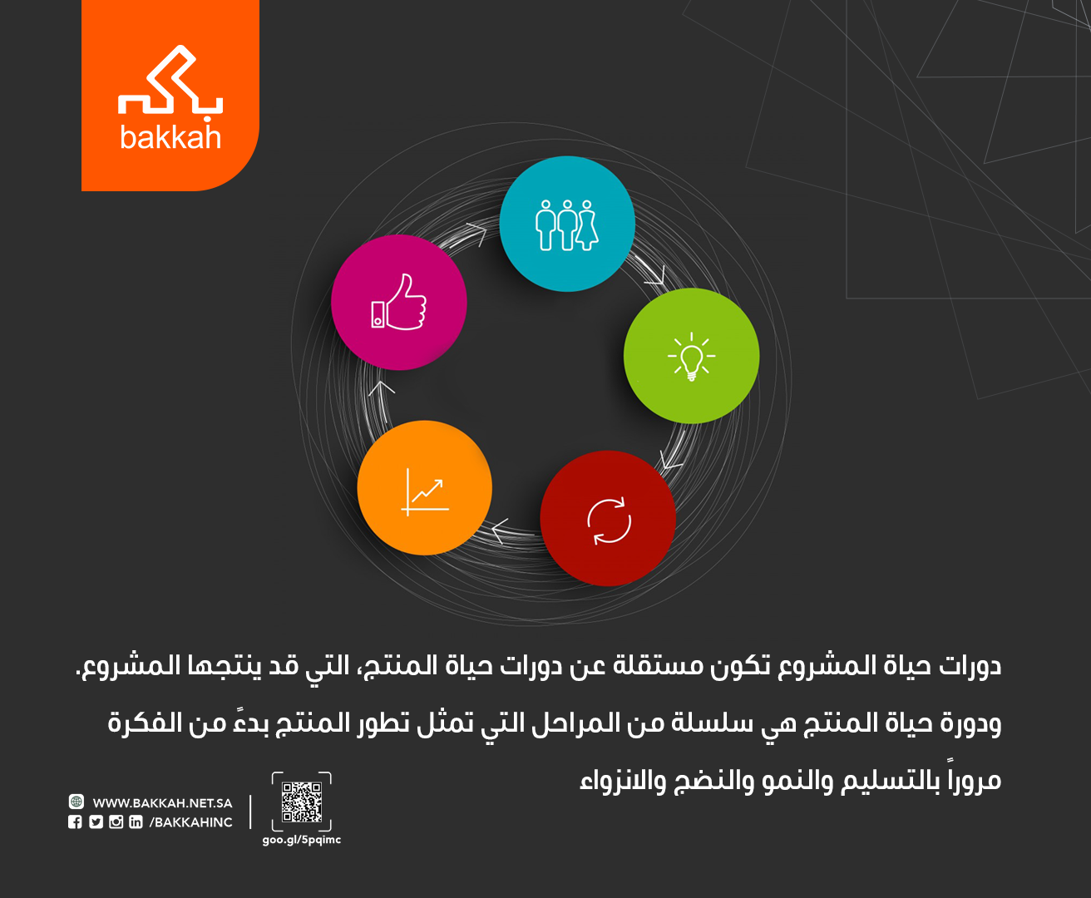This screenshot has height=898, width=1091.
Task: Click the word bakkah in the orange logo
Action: [x=170, y=137]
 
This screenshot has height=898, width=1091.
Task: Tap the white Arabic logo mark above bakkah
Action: [x=170, y=79]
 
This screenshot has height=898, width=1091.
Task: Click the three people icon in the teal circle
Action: [x=566, y=225]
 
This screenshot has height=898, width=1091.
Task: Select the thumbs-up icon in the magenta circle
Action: [x=399, y=302]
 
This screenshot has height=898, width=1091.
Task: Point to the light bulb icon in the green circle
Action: [x=691, y=357]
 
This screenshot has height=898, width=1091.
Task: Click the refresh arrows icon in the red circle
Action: [x=609, y=521]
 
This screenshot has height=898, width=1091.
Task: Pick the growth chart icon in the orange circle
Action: [x=425, y=492]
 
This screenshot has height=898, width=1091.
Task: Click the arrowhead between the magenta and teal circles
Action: [x=477, y=234]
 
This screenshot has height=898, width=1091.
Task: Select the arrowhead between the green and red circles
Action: [x=670, y=460]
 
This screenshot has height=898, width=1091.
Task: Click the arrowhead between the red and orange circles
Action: [x=500, y=530]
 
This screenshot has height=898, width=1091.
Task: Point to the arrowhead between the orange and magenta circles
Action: [x=381, y=388]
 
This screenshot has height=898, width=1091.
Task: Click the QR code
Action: [x=302, y=802]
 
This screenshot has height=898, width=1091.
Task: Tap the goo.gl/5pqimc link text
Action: [x=302, y=840]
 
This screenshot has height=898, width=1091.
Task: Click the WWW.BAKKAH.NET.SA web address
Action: [x=162, y=803]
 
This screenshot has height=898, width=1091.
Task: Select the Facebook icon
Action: [x=75, y=822]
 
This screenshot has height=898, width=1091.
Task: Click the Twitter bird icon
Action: [x=96, y=822]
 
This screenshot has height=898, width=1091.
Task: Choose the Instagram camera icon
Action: [x=116, y=822]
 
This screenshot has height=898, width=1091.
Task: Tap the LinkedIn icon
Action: [x=136, y=822]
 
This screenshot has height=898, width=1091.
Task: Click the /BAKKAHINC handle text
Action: [x=191, y=822]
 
